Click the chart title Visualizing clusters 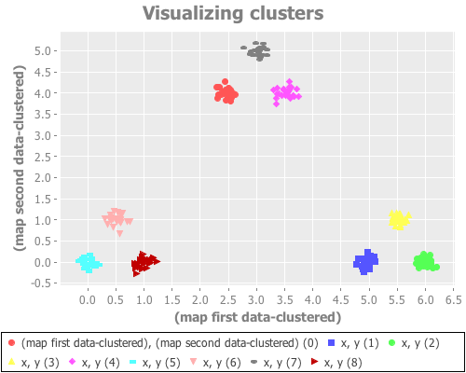tap(233, 14)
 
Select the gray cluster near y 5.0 tap(258, 51)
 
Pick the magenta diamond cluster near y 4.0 tap(287, 92)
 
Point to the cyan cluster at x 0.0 tap(89, 262)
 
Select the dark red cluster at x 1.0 tap(144, 263)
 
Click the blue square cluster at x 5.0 tap(366, 262)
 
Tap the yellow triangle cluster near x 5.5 tap(399, 219)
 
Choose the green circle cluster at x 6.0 tap(426, 262)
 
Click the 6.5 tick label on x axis tap(453, 301)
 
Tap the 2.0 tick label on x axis tap(200, 301)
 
